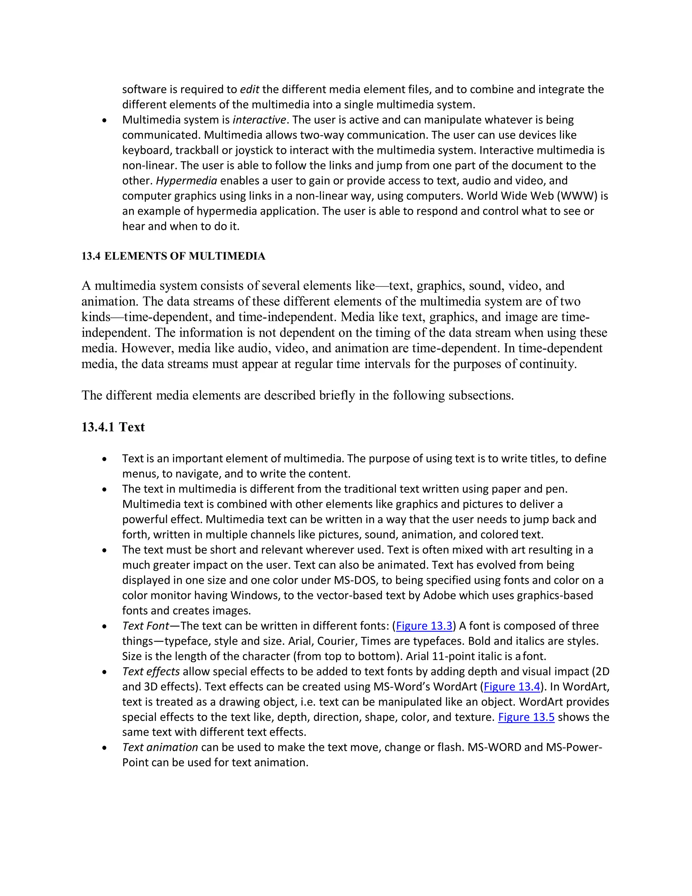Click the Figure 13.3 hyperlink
click(x=424, y=626)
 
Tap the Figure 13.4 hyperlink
click(x=512, y=687)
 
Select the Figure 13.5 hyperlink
click(x=526, y=717)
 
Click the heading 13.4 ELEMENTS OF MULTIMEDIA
click(x=173, y=256)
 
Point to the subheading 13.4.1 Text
click(x=113, y=427)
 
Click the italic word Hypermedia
click(x=186, y=181)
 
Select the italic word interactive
click(x=259, y=120)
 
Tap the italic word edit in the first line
click(x=249, y=90)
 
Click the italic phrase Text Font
click(x=146, y=626)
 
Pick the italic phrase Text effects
click(x=151, y=671)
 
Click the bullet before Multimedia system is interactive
click(x=105, y=121)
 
